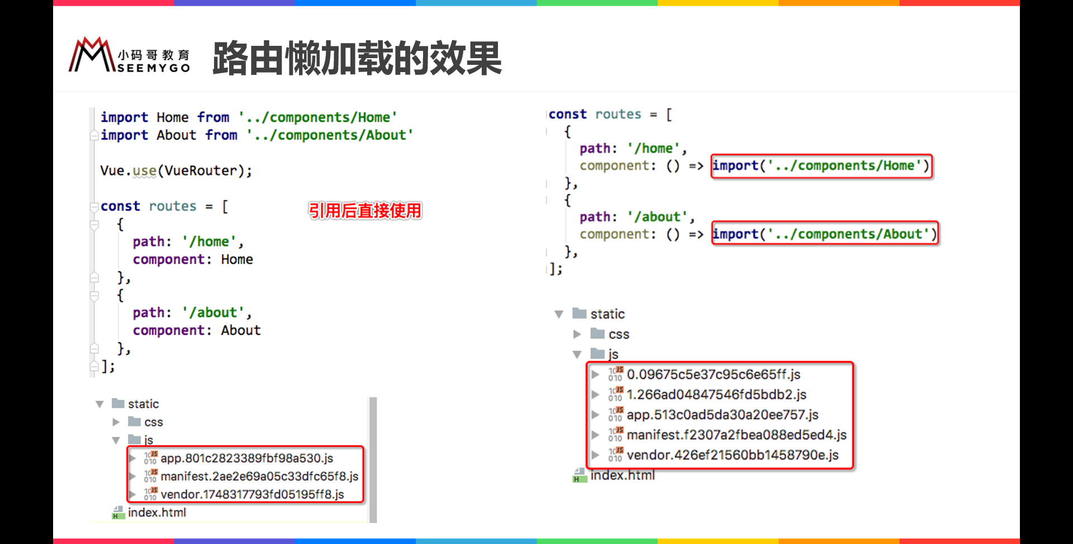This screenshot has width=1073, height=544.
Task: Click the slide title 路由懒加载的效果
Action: (357, 59)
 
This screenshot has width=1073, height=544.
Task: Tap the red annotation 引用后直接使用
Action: (365, 211)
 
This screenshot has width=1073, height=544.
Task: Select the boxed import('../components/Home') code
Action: (821, 166)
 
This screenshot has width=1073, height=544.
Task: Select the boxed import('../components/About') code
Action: (824, 234)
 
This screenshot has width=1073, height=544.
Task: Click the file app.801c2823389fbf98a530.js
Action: (246, 458)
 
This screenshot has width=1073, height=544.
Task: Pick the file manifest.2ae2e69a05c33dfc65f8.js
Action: (259, 476)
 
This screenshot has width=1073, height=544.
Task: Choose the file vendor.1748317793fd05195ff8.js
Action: (252, 494)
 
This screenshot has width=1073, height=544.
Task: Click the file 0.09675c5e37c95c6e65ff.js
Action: (713, 375)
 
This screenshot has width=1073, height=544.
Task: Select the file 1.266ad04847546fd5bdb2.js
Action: (716, 395)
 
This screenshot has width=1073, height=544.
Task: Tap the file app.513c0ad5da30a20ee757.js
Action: (722, 415)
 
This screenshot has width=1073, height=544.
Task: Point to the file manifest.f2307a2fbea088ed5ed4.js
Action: (737, 435)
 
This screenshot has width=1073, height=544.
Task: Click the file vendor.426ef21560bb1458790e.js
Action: (732, 455)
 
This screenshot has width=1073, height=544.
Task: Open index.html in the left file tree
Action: (156, 513)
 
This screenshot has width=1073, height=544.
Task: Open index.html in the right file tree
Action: (622, 475)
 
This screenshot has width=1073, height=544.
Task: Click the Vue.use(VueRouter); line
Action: (176, 171)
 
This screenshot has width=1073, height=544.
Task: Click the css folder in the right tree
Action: (619, 334)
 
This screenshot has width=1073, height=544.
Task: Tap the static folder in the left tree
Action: (143, 404)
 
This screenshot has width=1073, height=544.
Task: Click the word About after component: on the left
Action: (241, 330)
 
